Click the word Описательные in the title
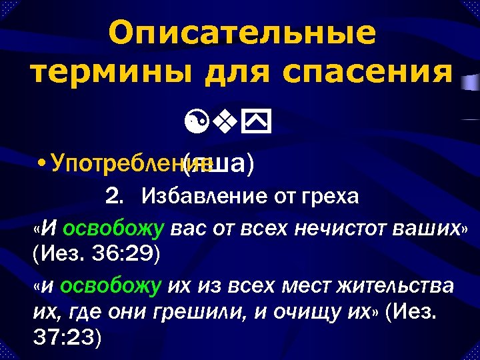[x=241, y=33]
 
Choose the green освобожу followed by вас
[x=113, y=229]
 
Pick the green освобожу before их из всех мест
[x=111, y=286]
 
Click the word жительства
[x=397, y=286]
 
